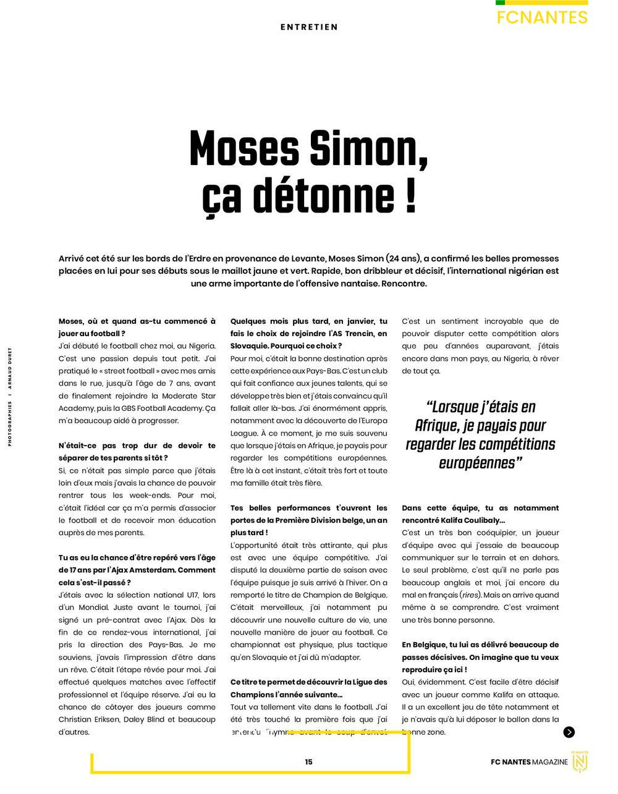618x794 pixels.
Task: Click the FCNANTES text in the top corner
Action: click(542, 17)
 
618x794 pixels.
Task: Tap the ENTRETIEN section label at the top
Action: click(309, 27)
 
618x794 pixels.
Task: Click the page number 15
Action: click(308, 762)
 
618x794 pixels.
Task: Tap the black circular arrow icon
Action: click(569, 732)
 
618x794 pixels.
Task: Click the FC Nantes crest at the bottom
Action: click(580, 762)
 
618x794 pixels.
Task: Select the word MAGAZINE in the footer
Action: click(550, 762)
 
